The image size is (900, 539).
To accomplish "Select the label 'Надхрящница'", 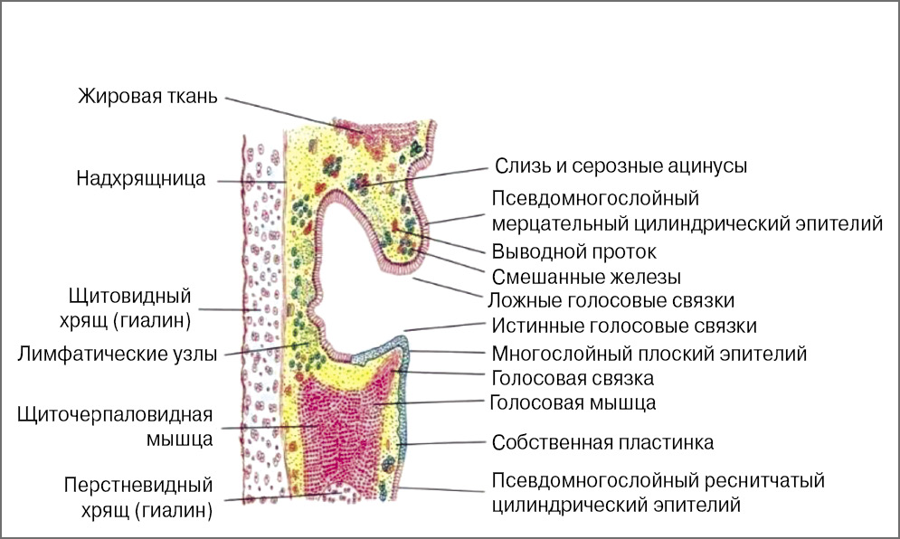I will pos(141,179).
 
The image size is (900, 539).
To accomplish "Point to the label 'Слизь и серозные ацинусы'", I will pos(621,166).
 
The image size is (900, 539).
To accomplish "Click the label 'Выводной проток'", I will pos(573,251).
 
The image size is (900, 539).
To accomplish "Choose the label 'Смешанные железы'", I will pos(585,276).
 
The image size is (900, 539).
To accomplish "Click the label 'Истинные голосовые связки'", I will pos(624,326).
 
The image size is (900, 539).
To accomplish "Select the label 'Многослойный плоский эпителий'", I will pos(649,354).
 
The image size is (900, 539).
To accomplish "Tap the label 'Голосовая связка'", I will pos(573,378).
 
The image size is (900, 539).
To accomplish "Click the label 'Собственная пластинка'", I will pos(602,443).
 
